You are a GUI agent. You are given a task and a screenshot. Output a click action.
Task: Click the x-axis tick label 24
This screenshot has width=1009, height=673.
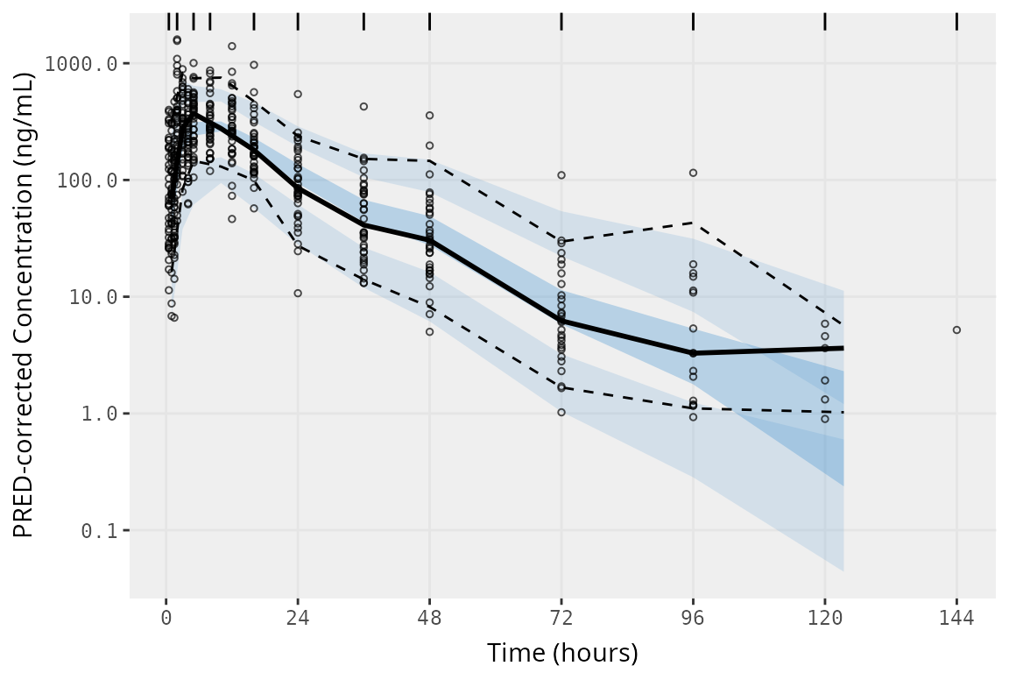[298, 618]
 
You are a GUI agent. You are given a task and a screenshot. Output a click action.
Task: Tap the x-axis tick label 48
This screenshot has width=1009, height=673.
[429, 618]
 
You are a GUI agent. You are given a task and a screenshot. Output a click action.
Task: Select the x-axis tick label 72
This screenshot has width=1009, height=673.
[561, 618]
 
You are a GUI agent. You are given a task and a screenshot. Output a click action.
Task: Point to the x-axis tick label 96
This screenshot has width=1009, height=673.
[693, 618]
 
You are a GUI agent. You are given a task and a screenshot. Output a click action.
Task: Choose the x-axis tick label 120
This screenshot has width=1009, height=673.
[825, 618]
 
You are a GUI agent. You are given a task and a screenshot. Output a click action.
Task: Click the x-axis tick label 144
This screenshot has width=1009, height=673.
[956, 618]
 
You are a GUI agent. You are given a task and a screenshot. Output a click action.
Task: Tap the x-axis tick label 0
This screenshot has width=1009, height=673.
[166, 618]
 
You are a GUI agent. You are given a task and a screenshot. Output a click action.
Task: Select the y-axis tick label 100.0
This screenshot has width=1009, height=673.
[100, 181]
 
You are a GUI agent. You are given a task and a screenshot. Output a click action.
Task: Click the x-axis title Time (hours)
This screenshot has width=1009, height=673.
[562, 653]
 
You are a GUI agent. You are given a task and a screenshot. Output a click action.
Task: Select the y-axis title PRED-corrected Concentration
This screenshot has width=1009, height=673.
[24, 305]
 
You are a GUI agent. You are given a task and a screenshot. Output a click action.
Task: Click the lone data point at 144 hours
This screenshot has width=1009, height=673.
[956, 330]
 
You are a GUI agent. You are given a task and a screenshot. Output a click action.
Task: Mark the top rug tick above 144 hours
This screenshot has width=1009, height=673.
[956, 21]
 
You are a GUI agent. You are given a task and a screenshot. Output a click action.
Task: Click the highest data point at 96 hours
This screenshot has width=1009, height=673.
[693, 173]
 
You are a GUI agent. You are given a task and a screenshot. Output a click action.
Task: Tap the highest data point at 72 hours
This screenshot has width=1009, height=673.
[561, 175]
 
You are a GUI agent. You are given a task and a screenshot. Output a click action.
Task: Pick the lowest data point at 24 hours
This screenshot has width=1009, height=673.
[298, 293]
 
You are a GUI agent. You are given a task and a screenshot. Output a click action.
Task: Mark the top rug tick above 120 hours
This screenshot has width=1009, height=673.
[825, 21]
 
